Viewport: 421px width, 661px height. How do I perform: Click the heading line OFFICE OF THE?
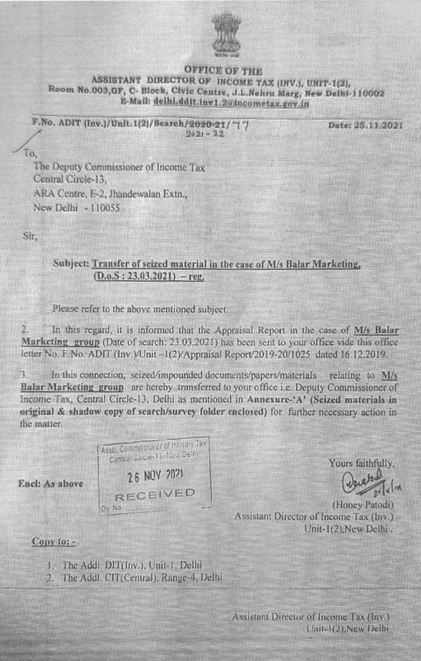tap(223, 71)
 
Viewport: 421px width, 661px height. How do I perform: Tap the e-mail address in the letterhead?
tap(231, 102)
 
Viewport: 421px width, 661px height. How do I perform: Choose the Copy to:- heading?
tap(54, 541)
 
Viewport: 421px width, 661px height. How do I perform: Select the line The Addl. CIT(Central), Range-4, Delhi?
tap(133, 577)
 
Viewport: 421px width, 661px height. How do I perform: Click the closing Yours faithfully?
tap(363, 463)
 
